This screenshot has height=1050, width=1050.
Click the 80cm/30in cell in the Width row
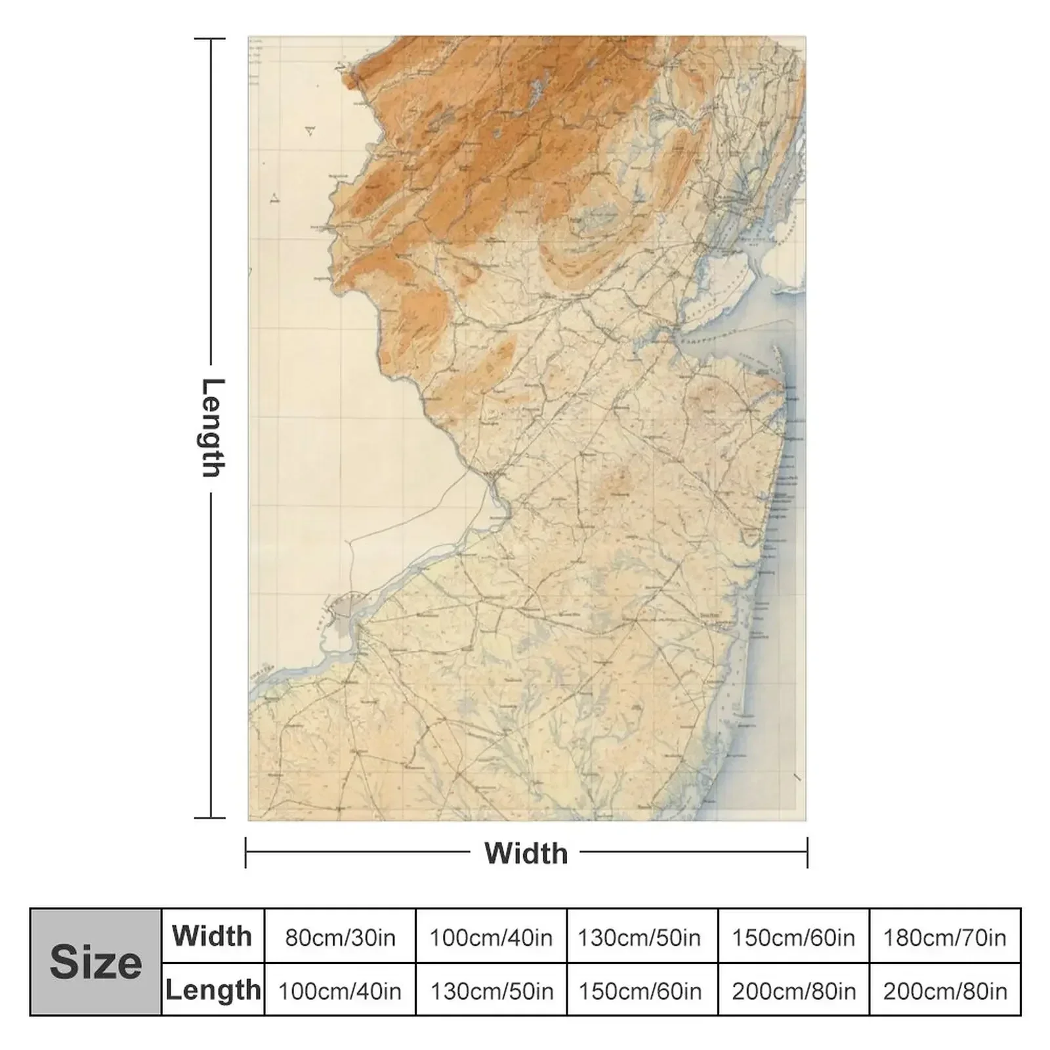[x=340, y=937]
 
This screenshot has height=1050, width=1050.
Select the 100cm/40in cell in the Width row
[x=491, y=937]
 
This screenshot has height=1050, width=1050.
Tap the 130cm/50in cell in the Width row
[x=639, y=937]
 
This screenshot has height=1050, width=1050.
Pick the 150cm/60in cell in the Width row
[x=793, y=937]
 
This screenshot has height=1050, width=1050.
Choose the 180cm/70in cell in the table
[x=944, y=937]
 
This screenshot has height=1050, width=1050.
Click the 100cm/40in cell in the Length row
[x=340, y=990]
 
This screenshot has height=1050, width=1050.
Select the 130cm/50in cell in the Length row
[x=491, y=990]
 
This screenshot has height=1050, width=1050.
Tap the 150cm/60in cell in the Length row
[x=639, y=990]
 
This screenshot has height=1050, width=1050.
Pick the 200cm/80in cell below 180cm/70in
[x=944, y=990]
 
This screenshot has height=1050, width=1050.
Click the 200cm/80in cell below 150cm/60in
[x=793, y=990]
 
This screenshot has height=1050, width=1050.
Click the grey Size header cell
[x=96, y=962]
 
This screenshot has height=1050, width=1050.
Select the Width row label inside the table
[x=212, y=936]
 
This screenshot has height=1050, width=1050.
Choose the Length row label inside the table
[x=213, y=990]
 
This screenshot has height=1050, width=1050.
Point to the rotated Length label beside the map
[x=211, y=428]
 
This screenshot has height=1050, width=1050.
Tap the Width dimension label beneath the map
[x=526, y=853]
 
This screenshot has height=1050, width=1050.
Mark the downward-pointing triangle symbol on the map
[x=310, y=131]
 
